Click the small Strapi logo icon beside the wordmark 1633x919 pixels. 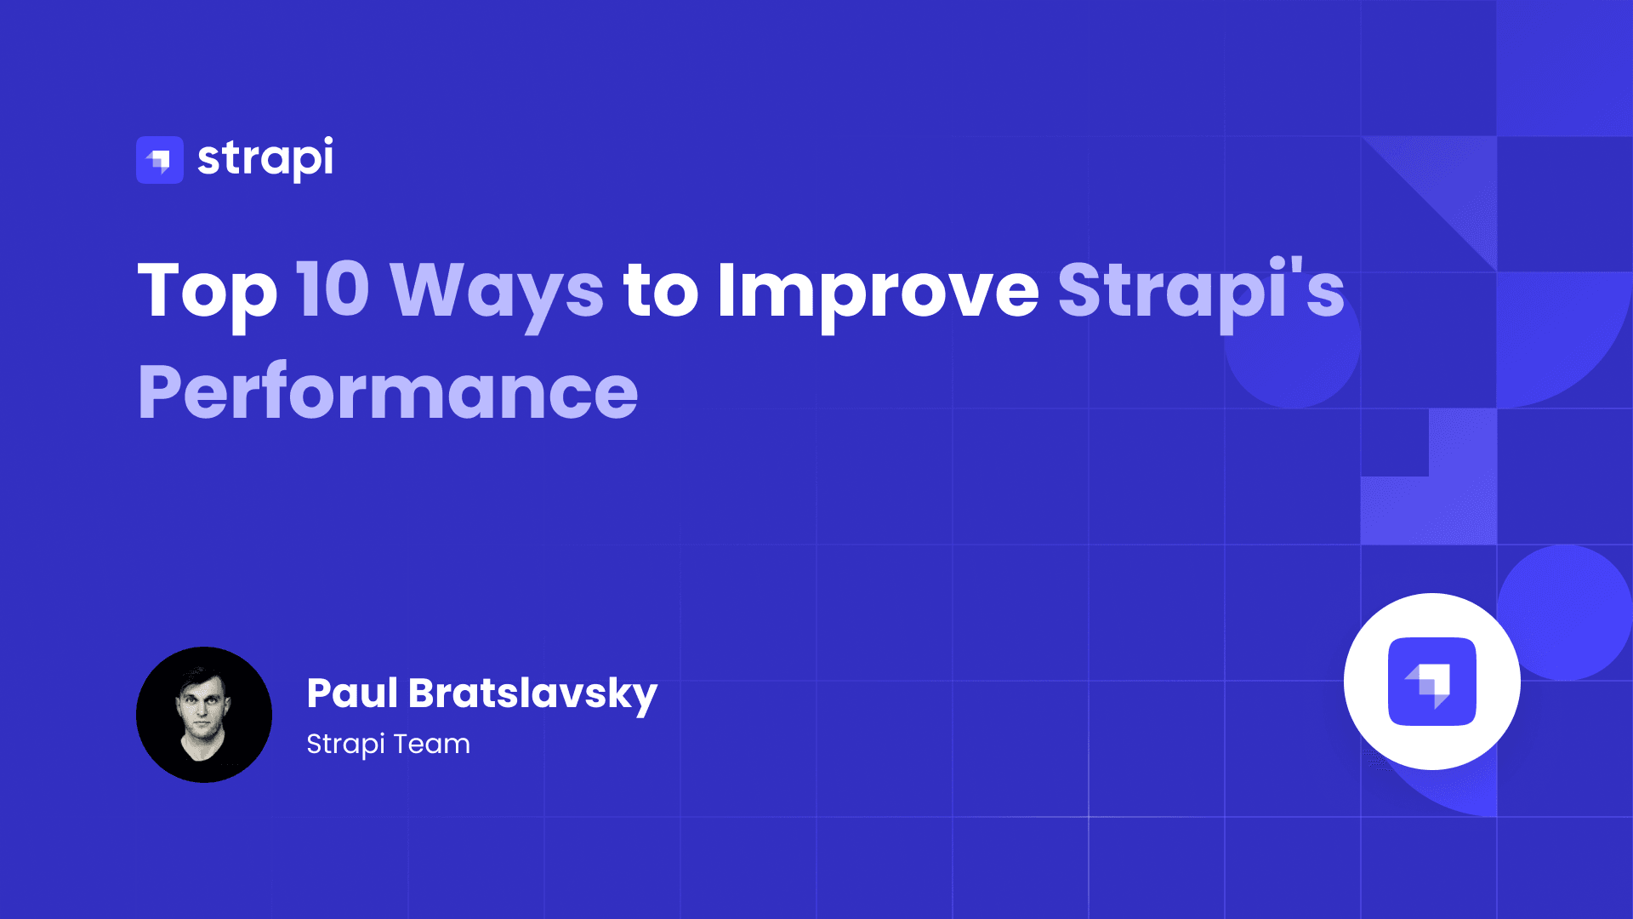point(160,160)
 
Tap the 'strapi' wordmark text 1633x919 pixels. point(265,158)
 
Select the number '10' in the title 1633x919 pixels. point(333,290)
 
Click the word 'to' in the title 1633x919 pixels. point(661,291)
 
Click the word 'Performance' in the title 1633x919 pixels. point(388,392)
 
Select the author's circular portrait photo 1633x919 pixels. point(204,715)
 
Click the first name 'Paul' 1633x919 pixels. point(352,693)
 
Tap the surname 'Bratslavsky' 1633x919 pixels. point(532,694)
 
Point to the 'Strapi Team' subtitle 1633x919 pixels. point(388,744)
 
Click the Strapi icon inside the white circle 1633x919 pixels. point(1432,682)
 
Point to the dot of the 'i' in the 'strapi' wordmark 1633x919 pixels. point(327,140)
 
